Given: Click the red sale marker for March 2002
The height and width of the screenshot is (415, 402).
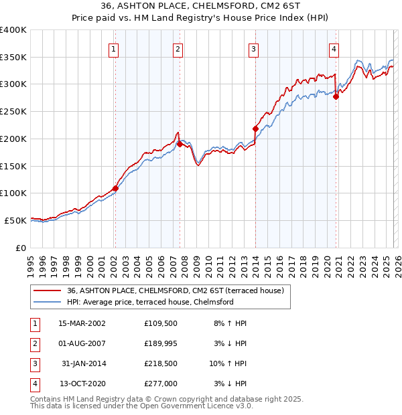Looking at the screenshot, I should pyautogui.click(x=115, y=188).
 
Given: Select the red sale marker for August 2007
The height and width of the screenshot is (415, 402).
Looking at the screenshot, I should pyautogui.click(x=180, y=144).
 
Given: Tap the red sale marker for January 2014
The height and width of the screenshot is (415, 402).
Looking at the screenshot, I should pyautogui.click(x=256, y=129).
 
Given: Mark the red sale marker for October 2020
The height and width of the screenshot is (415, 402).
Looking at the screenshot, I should pyautogui.click(x=336, y=96).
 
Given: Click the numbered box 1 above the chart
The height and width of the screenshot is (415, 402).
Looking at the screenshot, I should pyautogui.click(x=114, y=48).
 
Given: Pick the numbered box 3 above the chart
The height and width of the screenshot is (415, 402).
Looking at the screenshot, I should pyautogui.click(x=254, y=48).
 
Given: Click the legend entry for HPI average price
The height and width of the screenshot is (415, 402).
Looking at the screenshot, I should pyautogui.click(x=150, y=302).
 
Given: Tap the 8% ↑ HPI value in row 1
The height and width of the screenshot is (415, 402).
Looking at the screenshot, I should pyautogui.click(x=230, y=323).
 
